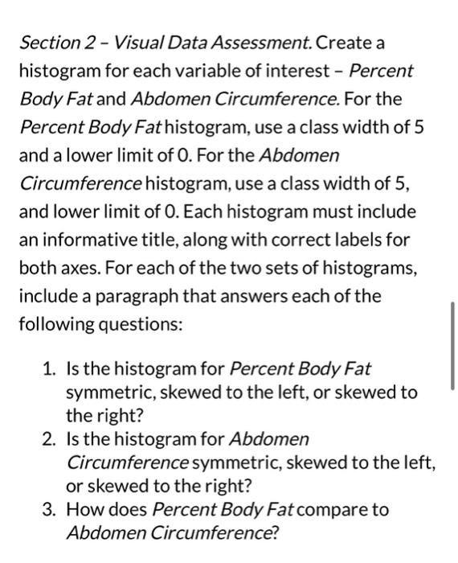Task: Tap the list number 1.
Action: point(48,370)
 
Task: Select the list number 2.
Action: point(48,439)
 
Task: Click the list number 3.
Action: point(48,509)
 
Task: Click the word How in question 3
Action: point(84,509)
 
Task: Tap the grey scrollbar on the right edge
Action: point(452,345)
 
